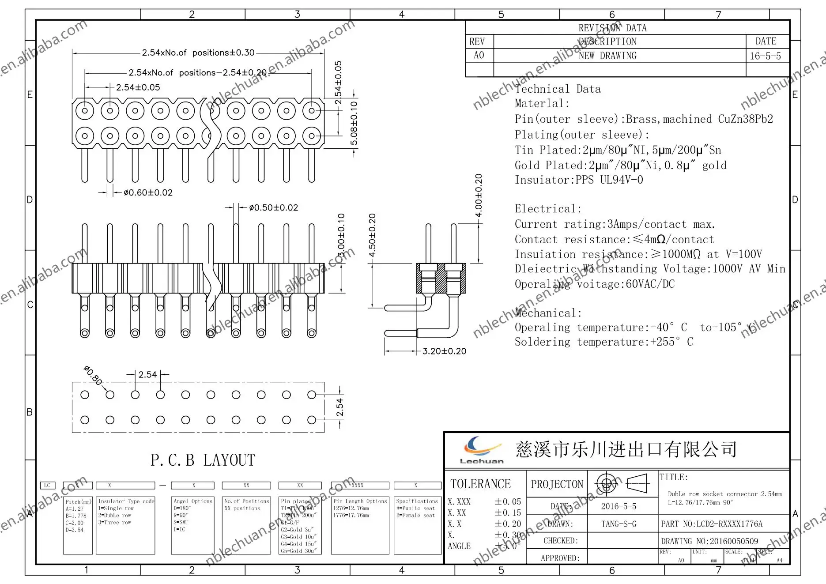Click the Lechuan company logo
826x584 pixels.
coord(482,449)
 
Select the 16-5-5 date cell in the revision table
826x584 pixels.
coord(765,56)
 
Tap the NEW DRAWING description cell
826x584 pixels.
coord(607,56)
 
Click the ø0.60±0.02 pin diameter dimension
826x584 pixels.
coord(148,192)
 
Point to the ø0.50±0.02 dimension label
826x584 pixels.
coord(273,207)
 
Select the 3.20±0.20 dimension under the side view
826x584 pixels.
coord(444,351)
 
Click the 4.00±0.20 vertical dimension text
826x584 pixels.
coord(479,195)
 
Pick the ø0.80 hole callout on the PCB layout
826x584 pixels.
coord(93,375)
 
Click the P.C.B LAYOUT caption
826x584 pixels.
coord(203,460)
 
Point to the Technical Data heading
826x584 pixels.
coord(558,89)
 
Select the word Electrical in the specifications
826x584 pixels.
coord(548,209)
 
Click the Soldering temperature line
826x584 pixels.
coord(603,342)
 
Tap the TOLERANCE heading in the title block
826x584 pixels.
coord(480,484)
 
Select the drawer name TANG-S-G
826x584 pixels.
coord(619,524)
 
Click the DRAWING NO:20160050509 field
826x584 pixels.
coord(709,541)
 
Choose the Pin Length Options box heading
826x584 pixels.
coord(360,501)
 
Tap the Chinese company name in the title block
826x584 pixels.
coord(626,449)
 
